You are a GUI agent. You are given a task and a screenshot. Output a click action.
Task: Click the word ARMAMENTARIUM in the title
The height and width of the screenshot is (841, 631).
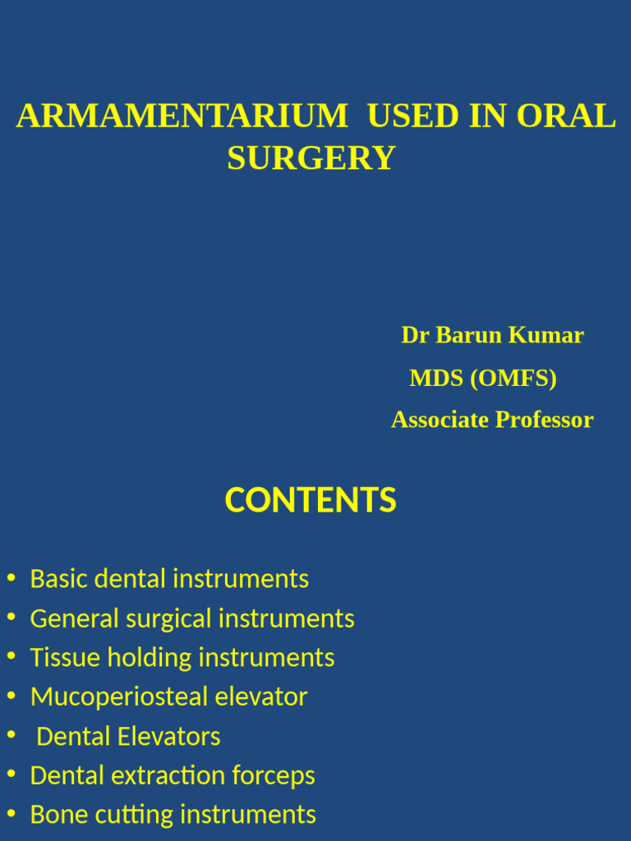click(182, 117)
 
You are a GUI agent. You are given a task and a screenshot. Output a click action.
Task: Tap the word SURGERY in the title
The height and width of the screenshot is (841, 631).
click(311, 158)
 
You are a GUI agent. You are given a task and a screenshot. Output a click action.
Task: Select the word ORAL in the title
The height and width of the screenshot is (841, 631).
click(566, 117)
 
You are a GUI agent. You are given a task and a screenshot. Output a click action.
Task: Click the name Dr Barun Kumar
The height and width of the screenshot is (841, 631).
click(492, 335)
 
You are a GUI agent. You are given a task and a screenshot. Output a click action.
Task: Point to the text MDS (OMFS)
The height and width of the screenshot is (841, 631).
click(483, 378)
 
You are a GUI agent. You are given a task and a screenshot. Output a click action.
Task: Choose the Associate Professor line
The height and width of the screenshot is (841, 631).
click(492, 420)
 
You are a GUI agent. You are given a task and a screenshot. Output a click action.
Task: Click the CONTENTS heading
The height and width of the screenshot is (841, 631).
click(311, 500)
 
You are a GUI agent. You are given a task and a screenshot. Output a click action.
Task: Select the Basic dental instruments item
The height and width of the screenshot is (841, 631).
click(169, 579)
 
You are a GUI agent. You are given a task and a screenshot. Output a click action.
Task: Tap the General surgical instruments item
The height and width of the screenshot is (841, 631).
click(192, 618)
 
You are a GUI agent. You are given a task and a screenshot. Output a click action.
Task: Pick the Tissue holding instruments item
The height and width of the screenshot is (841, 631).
click(182, 658)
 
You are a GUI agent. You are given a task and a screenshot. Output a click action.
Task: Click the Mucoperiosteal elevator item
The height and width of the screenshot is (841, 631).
click(168, 697)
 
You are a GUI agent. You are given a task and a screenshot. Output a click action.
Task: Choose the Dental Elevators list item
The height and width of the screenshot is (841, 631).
click(129, 737)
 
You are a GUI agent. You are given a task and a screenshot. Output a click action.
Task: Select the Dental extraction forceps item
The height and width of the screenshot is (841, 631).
click(173, 776)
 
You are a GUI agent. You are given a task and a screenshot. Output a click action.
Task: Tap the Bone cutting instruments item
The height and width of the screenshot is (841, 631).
click(173, 815)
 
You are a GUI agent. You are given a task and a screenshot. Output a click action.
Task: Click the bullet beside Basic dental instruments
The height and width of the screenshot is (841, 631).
click(11, 578)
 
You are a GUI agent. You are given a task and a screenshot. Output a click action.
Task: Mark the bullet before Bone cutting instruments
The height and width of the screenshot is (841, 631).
click(11, 815)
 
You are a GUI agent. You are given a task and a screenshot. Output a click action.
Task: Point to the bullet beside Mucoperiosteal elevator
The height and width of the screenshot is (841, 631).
click(11, 696)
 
